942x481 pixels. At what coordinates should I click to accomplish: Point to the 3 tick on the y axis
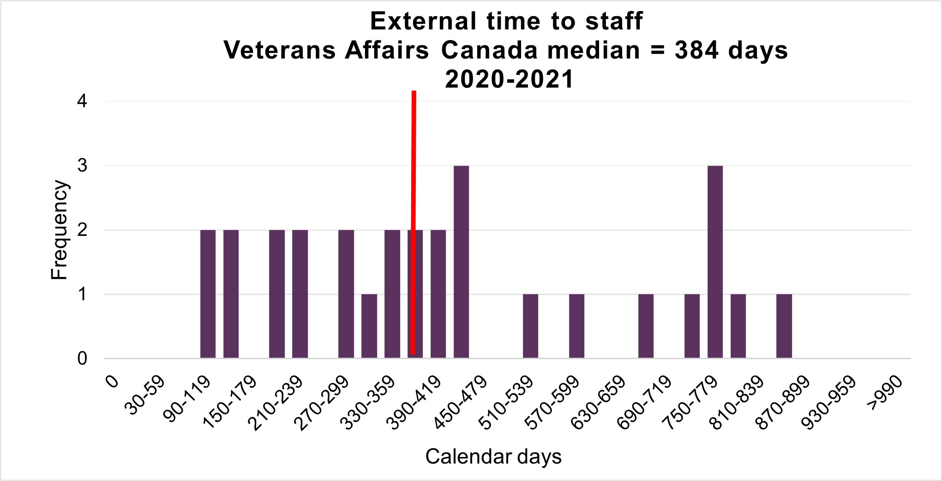pyautogui.click(x=83, y=166)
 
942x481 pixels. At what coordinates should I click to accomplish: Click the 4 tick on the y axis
pyautogui.click(x=83, y=101)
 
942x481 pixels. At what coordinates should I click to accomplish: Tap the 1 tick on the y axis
pyautogui.click(x=83, y=295)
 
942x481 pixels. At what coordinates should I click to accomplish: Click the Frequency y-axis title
pyautogui.click(x=59, y=230)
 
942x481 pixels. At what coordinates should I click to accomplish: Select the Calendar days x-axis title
pyautogui.click(x=493, y=457)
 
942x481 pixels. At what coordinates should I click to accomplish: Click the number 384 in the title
pyautogui.click(x=696, y=50)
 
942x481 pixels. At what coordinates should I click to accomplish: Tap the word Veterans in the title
pyautogui.click(x=280, y=50)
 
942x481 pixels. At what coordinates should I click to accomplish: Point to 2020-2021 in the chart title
pyautogui.click(x=509, y=79)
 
